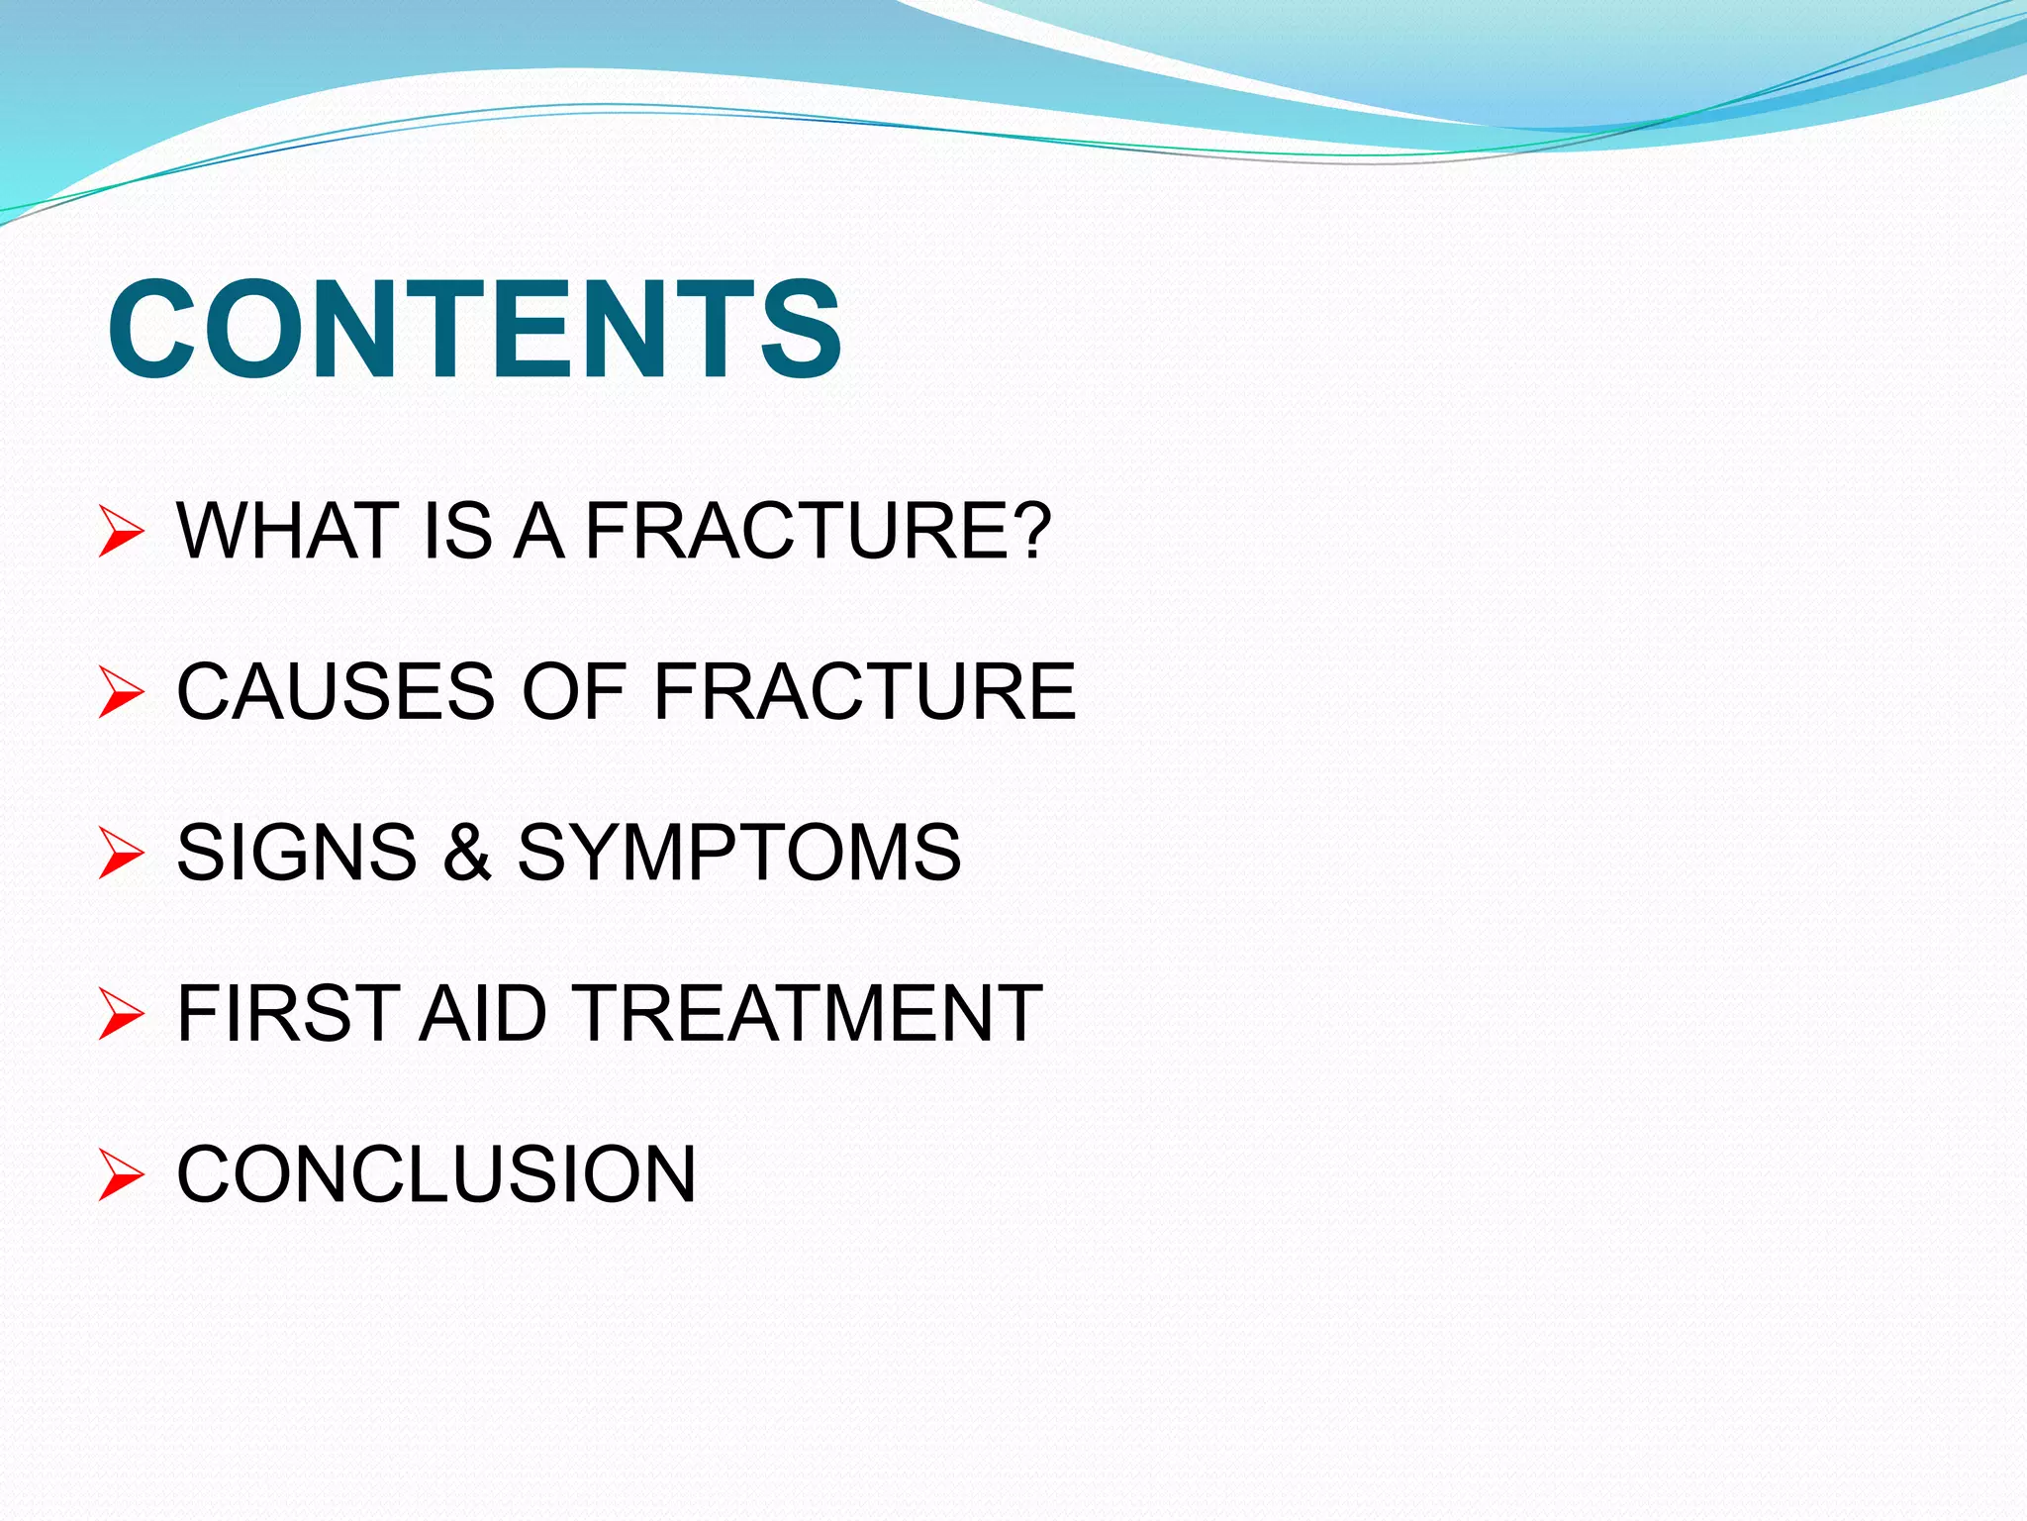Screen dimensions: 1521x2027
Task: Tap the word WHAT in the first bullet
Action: point(286,531)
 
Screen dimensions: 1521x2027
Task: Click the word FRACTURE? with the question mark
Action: point(818,531)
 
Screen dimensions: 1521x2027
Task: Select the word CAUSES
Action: point(336,691)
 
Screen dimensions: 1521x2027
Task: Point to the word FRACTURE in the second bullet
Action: point(864,691)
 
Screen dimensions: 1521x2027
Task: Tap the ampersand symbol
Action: point(467,852)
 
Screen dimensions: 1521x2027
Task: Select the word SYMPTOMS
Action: point(738,852)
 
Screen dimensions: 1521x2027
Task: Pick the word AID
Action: point(482,1013)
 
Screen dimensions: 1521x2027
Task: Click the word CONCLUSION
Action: point(436,1174)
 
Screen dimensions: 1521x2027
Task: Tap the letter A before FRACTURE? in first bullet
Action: point(539,531)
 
